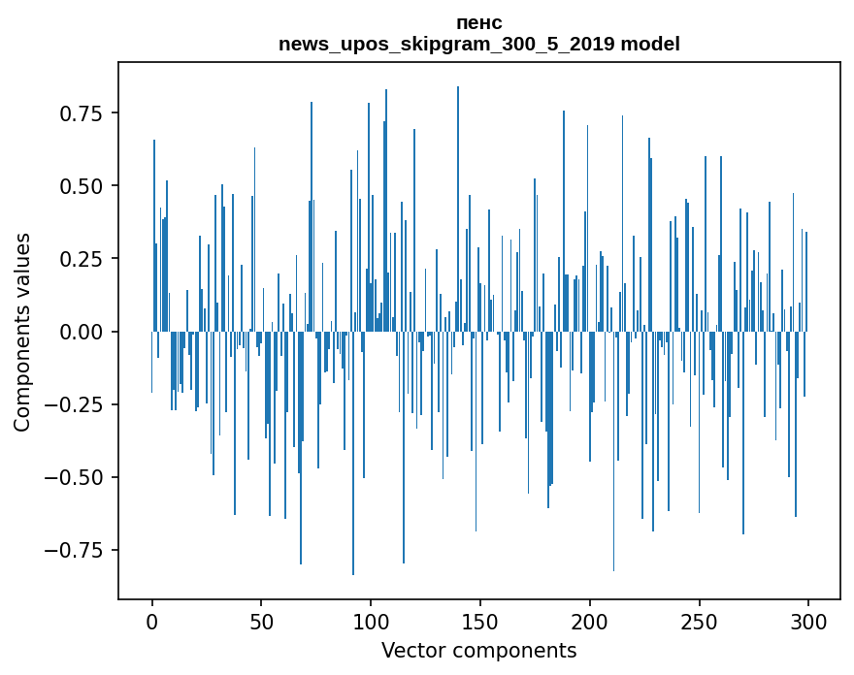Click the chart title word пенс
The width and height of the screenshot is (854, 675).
click(x=479, y=23)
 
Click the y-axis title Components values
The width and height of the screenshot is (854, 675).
click(x=22, y=332)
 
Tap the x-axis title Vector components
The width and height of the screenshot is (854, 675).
click(x=479, y=651)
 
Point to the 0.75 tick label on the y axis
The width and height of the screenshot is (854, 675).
click(x=82, y=113)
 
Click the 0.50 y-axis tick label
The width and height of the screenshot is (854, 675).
click(x=82, y=186)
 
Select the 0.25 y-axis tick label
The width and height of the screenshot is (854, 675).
click(x=82, y=259)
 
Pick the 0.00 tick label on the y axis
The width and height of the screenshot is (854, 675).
click(x=82, y=332)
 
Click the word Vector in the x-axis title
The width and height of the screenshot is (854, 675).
click(x=411, y=651)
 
